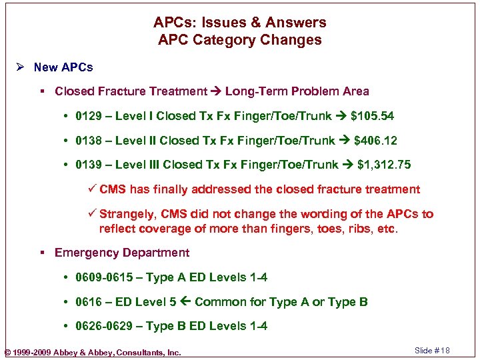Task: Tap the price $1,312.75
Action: [384, 165]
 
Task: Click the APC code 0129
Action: [89, 116]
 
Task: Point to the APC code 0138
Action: [89, 141]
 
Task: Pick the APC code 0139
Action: [89, 165]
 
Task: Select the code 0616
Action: [89, 302]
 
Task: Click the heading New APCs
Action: [63, 67]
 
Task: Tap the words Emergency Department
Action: [122, 253]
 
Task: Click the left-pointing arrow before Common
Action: [185, 302]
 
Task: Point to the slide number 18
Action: [445, 351]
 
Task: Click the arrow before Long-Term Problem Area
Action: [216, 91]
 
